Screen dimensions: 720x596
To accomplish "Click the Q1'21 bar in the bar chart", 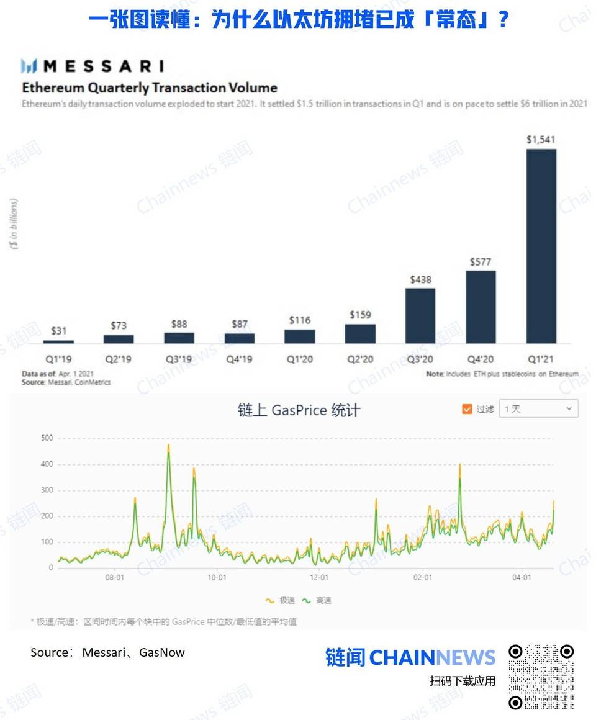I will coord(541,246).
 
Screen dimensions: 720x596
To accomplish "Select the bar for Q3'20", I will coord(420,315).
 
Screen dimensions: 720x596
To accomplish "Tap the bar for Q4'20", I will coord(481,307).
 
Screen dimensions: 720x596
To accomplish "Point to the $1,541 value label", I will coord(541,140).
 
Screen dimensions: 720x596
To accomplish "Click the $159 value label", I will coord(360,315).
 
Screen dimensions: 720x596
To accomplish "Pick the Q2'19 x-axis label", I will coord(118,359).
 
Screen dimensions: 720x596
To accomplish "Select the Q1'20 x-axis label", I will coord(300,359).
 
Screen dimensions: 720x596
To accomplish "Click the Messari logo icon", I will coord(30,66).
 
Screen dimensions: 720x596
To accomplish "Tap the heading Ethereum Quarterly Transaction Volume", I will coord(150,88).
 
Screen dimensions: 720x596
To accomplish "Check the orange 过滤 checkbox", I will coord(467,409).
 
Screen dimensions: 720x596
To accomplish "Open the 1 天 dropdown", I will coord(538,409).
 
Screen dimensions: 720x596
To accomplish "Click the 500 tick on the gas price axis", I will coord(47,438).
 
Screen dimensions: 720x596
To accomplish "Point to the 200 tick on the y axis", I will coord(47,516).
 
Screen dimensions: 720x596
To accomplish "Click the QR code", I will coord(541,677).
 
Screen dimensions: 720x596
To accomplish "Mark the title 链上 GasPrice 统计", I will coord(299,410).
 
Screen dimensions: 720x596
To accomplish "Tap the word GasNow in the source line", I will coord(162,652).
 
